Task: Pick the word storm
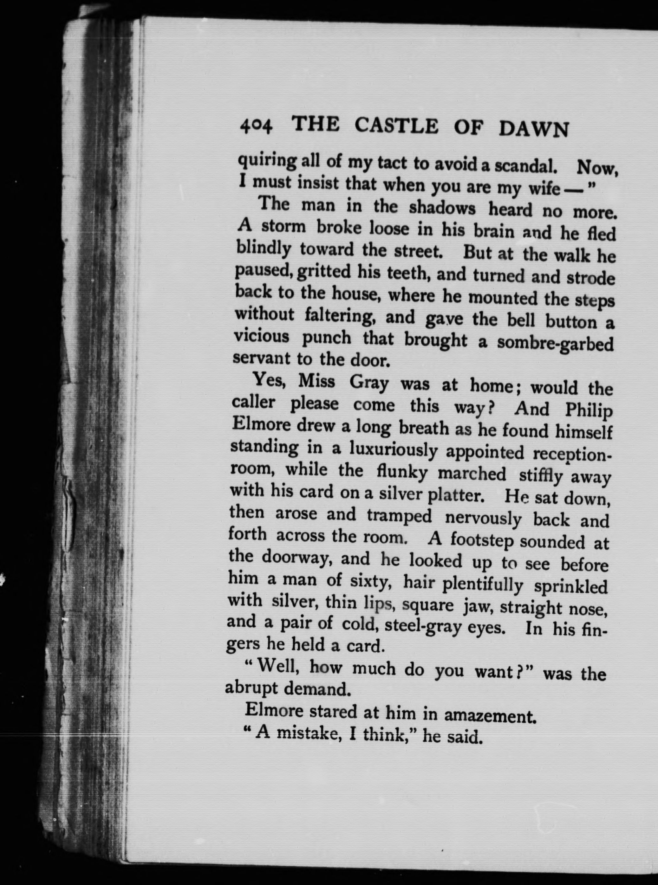(x=283, y=227)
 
